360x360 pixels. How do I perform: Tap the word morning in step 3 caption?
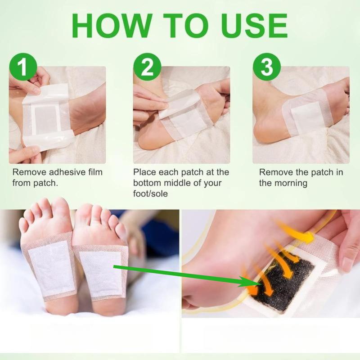coord(290,183)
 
